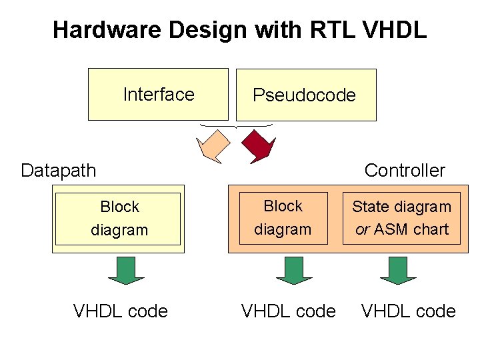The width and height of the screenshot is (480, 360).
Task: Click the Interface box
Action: click(x=158, y=94)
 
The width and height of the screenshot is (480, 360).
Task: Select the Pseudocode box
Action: click(x=305, y=95)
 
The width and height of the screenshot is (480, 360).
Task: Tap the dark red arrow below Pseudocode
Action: click(x=257, y=146)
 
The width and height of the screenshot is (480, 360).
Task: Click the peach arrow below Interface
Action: click(x=213, y=146)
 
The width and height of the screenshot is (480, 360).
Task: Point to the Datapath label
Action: click(x=59, y=170)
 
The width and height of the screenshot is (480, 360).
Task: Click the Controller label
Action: click(x=405, y=170)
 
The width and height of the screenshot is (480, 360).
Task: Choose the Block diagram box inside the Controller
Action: click(x=283, y=218)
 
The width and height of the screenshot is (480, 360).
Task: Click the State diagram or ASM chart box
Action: click(x=401, y=219)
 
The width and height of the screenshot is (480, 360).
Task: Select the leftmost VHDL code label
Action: click(x=120, y=311)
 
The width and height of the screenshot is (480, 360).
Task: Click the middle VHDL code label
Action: click(x=289, y=311)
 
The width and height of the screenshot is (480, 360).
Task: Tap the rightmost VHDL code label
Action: click(x=408, y=311)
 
